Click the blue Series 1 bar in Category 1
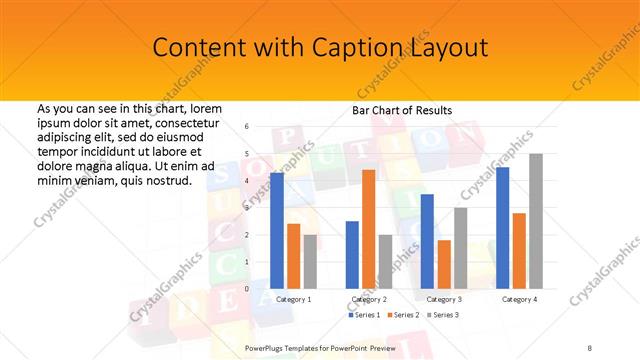tap(277, 231)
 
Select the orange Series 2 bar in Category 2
tap(369, 229)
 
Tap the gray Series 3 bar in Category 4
tap(536, 221)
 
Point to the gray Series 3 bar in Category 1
tap(310, 262)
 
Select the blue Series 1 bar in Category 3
tap(427, 241)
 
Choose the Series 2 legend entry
tap(403, 315)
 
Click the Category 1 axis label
tap(293, 299)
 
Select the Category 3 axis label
tap(444, 299)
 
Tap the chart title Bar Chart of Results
tap(402, 109)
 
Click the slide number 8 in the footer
tap(589, 346)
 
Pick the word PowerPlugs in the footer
tap(268, 346)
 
